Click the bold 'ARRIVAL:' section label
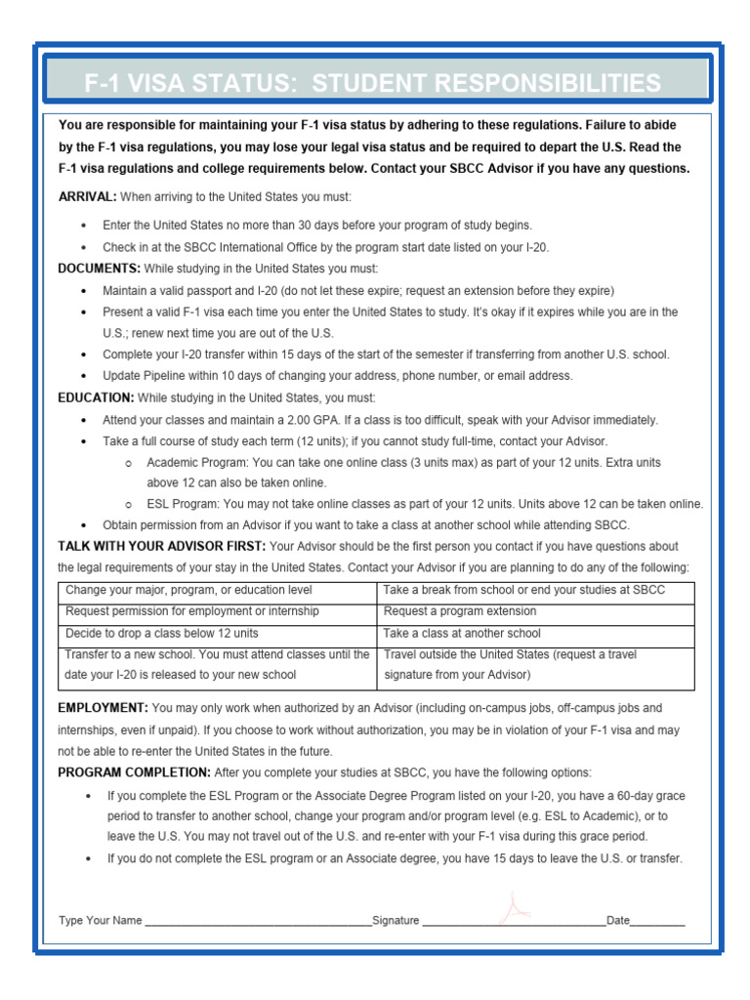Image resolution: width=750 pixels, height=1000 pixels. [87, 196]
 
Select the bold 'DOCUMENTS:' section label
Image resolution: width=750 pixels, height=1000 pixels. [99, 268]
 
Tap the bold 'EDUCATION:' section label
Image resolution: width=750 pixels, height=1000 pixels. [96, 397]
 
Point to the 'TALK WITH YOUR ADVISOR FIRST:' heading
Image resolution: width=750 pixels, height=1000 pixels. [161, 546]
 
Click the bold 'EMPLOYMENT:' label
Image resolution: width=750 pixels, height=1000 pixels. [103, 707]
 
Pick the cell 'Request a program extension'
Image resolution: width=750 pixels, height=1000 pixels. [460, 611]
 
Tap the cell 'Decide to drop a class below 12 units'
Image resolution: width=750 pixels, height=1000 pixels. [161, 633]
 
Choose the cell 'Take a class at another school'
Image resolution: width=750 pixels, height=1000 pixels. [462, 633]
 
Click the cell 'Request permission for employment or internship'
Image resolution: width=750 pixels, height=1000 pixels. [191, 611]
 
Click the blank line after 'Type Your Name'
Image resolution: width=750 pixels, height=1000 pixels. [258, 921]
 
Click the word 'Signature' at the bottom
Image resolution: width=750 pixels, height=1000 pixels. [396, 920]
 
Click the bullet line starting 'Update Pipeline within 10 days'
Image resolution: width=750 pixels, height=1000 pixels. [338, 376]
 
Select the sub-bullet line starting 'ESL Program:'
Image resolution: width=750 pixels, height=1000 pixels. [425, 504]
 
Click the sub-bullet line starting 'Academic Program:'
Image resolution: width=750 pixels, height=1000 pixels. [403, 462]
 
